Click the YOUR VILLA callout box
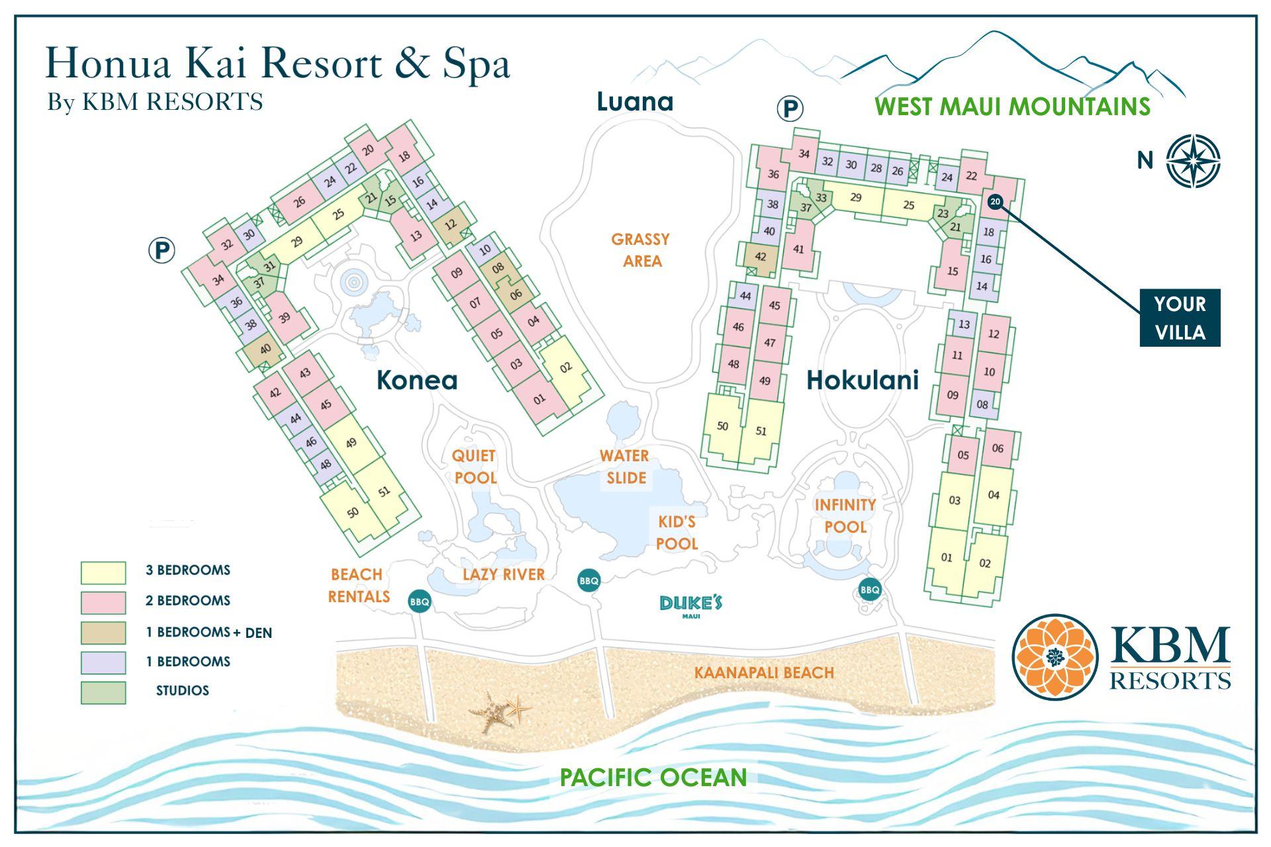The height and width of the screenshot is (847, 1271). [x=1179, y=318]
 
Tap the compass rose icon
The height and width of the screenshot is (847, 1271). [x=1193, y=161]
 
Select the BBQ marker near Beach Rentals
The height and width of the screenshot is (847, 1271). [x=420, y=602]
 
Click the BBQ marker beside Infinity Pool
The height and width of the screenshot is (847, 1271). [x=870, y=589]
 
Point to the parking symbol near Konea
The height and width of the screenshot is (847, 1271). [x=162, y=251]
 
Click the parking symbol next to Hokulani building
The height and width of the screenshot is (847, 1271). [x=789, y=109]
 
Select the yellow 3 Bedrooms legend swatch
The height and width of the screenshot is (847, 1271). [x=103, y=572]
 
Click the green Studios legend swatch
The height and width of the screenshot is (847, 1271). [x=103, y=692]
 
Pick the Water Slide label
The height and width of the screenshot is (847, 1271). [x=624, y=467]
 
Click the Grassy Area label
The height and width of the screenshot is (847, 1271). [x=640, y=249]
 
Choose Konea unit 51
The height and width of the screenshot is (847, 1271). [x=384, y=492]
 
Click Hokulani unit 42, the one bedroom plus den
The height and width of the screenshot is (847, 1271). [x=760, y=257]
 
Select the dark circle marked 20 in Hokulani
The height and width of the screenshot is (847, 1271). [x=995, y=202]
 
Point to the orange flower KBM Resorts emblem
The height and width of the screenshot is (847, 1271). [x=1055, y=656]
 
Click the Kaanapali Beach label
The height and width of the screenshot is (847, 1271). [x=763, y=673]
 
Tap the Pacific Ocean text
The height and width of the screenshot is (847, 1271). [x=653, y=777]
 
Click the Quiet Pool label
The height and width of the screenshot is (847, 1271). [x=474, y=467]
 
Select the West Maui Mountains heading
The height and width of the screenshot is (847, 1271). [x=1012, y=107]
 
